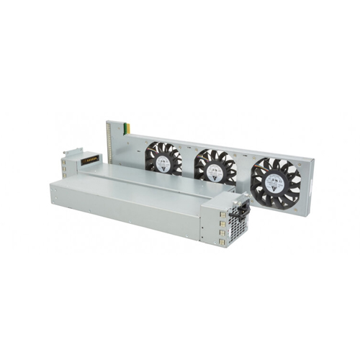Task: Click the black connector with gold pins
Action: click(x=91, y=161)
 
